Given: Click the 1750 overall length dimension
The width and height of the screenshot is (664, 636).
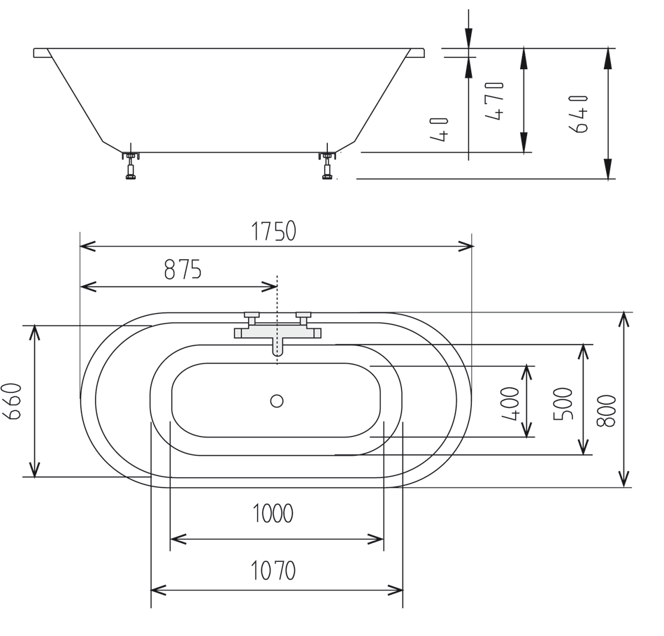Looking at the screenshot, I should click(x=274, y=231).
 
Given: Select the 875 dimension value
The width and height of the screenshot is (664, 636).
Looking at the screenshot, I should click(x=183, y=269).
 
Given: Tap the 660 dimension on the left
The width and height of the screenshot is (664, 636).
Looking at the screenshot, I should click(x=15, y=401).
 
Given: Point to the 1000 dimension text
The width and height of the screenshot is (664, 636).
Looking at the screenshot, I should click(x=273, y=514).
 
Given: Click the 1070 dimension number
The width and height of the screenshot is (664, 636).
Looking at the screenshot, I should click(x=274, y=571).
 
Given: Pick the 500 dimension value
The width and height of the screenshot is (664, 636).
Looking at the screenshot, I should click(x=564, y=403).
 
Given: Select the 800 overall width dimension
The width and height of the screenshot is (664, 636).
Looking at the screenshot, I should click(x=606, y=409).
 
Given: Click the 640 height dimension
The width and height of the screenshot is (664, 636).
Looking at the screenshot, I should click(x=582, y=113).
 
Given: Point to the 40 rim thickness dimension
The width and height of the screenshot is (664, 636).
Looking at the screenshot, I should click(x=440, y=130).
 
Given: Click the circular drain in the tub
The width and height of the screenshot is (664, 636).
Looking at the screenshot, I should click(x=277, y=400).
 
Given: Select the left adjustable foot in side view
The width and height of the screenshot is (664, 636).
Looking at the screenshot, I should click(x=131, y=165).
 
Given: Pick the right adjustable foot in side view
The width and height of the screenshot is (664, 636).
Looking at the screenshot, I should click(x=326, y=165).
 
